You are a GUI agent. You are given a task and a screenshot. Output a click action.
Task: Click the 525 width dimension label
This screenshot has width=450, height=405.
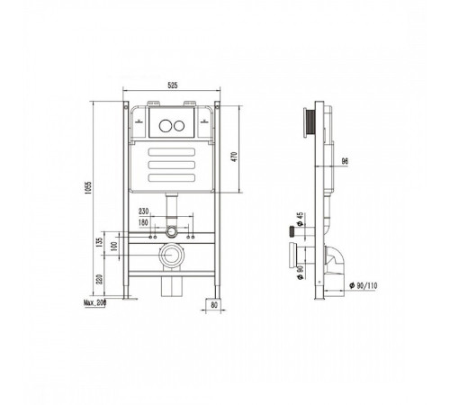(173, 85)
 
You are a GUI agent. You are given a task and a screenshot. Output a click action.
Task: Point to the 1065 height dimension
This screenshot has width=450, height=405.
(87, 187)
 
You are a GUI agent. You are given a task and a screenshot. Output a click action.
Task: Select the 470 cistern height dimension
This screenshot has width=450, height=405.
(234, 157)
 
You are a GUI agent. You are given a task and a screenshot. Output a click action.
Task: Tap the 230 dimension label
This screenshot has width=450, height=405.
(143, 211)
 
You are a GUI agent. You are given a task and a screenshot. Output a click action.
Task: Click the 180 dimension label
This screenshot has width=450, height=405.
(143, 222)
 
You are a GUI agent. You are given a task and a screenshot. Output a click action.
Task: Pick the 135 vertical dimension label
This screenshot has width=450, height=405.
(100, 242)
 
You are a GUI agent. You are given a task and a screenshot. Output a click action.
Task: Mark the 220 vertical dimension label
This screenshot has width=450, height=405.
(100, 280)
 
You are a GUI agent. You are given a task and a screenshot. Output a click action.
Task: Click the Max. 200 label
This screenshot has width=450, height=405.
(94, 303)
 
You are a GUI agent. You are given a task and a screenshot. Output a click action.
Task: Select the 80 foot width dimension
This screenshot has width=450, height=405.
(214, 305)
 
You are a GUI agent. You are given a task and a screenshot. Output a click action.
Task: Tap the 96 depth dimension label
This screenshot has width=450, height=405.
(345, 161)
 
